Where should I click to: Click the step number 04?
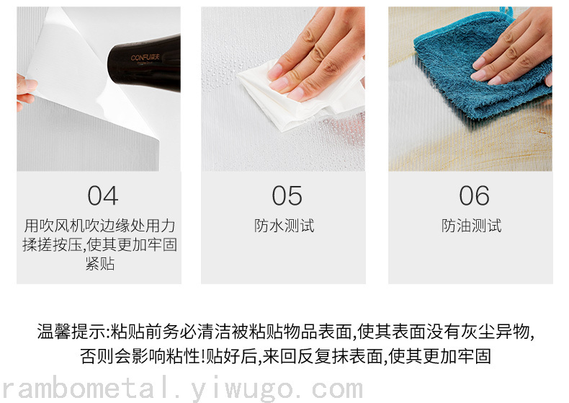[103, 195]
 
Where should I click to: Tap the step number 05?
[287, 195]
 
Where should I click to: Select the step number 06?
[474, 195]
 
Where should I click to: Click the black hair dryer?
[145, 64]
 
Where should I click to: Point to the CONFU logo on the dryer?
[145, 58]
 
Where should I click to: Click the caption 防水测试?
[284, 226]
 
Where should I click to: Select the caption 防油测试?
[471, 226]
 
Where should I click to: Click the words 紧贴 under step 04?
[100, 264]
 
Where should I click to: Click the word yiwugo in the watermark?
[242, 389]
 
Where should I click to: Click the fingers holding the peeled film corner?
[25, 91]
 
